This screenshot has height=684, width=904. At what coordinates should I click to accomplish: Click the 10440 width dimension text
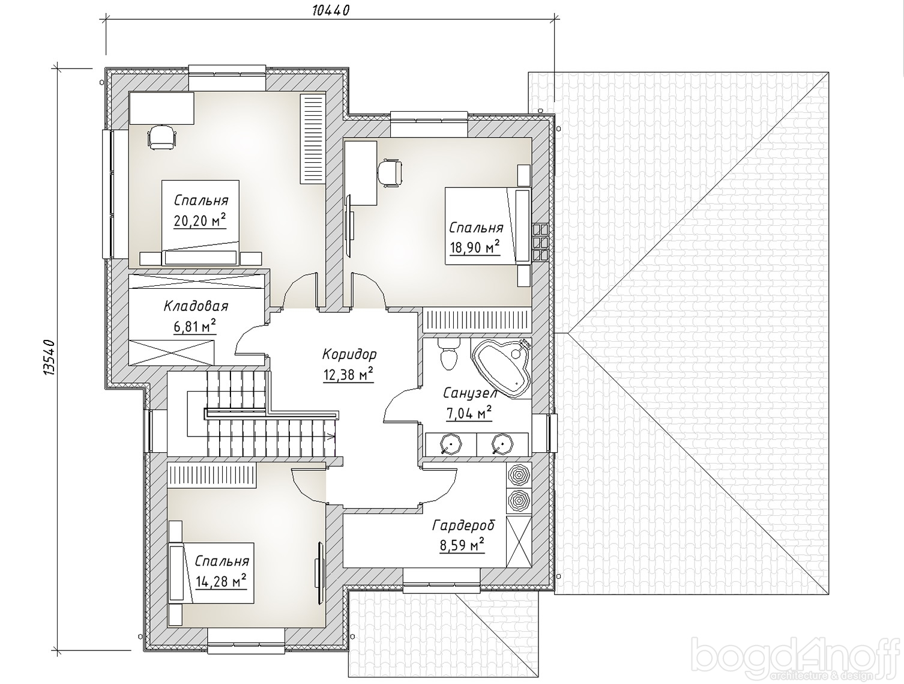331,10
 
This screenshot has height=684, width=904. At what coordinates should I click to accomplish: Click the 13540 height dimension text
49,357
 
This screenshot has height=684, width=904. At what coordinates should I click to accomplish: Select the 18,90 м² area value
475,247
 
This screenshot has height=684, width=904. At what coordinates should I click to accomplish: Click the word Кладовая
196,306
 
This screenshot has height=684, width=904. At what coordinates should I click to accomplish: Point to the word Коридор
349,354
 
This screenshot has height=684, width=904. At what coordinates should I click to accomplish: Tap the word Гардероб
463,525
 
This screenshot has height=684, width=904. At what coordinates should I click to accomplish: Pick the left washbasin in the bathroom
451,444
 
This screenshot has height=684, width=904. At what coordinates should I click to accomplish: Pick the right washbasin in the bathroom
502,444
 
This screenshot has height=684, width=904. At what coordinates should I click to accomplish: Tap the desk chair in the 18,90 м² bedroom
389,172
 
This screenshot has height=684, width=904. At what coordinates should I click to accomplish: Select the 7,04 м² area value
469,413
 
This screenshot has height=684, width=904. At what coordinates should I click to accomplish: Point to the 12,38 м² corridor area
348,375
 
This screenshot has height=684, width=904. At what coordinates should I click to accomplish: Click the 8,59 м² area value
462,545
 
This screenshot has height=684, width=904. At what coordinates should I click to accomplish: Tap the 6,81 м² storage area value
195,327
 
